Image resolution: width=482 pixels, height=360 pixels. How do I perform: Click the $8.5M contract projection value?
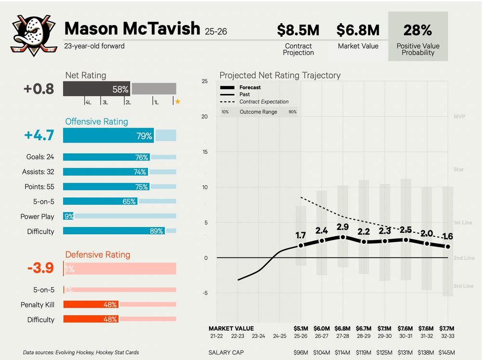298,30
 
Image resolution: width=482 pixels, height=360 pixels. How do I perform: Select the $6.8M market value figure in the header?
358,30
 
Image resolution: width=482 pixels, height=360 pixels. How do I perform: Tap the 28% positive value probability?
417,30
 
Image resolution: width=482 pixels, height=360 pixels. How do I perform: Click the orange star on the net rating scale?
177,102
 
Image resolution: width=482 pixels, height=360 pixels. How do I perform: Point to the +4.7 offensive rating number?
39,135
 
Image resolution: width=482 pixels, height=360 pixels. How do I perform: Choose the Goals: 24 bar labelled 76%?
106,157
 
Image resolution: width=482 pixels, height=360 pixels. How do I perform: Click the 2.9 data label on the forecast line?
343,227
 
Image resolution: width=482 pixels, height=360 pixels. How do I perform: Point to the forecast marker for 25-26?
301,245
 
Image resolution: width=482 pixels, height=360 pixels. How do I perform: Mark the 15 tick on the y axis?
204,152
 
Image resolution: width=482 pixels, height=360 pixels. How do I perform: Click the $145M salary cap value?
448,352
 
